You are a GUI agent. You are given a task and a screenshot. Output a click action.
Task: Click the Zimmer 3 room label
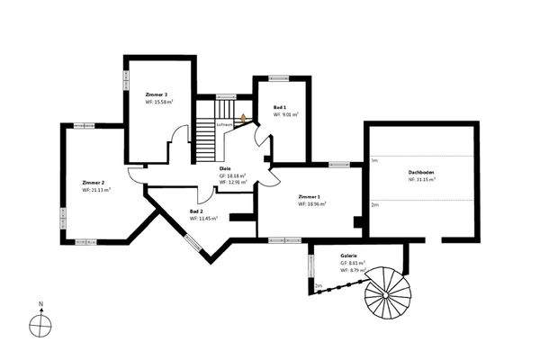[x=156, y=94]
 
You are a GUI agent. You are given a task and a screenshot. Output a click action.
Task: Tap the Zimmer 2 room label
[x=94, y=182]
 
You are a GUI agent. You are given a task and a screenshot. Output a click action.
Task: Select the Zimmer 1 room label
[x=310, y=195]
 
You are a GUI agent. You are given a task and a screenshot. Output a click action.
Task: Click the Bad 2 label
[x=196, y=211]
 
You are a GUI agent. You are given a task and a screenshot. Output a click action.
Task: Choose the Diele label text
[x=225, y=167]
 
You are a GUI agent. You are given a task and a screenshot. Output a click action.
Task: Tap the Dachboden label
[x=421, y=171]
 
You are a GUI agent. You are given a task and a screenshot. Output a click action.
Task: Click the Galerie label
[x=348, y=255]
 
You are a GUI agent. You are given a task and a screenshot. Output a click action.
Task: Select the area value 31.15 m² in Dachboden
[x=424, y=179]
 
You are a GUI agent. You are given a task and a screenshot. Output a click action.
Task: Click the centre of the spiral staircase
[x=385, y=292]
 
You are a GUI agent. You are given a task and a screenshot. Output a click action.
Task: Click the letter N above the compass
[x=40, y=304]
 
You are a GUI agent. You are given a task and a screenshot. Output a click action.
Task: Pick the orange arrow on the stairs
[x=241, y=117]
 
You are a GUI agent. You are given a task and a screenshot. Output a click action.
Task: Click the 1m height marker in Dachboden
[x=373, y=160]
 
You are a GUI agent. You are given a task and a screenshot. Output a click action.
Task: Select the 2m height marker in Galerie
[x=318, y=285]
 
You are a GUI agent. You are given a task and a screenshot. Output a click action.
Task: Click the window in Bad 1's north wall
[x=274, y=77]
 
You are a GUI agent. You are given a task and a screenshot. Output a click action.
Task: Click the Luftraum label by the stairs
[x=224, y=124]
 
